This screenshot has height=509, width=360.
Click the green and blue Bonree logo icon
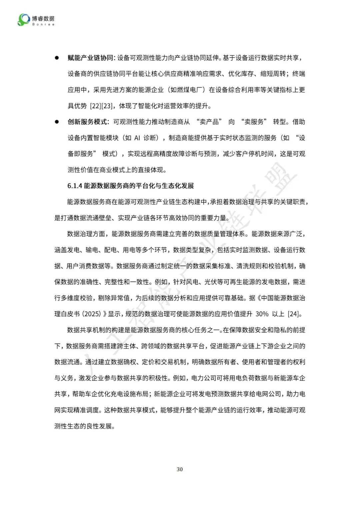pyautogui.click(x=23, y=20)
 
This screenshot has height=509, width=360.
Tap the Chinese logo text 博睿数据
pyautogui.click(x=43, y=18)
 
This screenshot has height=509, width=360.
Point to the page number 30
pyautogui.click(x=180, y=469)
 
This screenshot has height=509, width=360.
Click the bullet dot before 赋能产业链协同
pyautogui.click(x=57, y=58)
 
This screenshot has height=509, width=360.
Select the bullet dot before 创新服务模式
pyautogui.click(x=57, y=122)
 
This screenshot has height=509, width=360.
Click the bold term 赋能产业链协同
pyautogui.click(x=90, y=58)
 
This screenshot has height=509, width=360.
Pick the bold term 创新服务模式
pyautogui.click(x=87, y=122)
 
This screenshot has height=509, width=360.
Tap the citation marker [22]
pyautogui.click(x=95, y=106)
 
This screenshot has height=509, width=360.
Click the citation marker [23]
pyautogui.click(x=107, y=106)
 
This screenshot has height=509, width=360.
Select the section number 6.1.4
pyautogui.click(x=75, y=186)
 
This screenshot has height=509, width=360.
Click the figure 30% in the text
pyautogui.click(x=262, y=314)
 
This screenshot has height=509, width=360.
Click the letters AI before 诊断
pyautogui.click(x=137, y=138)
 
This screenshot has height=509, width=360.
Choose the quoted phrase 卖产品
pyautogui.click(x=209, y=122)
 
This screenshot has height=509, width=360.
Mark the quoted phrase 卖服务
pyautogui.click(x=254, y=122)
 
